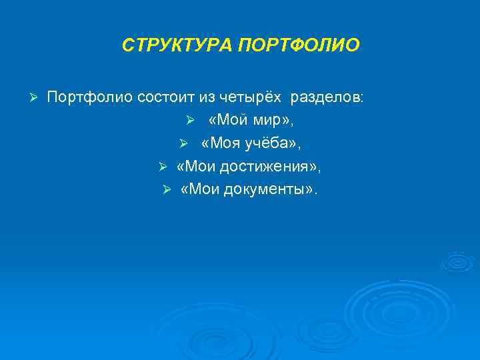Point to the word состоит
(x=165, y=98)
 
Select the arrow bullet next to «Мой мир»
(x=189, y=122)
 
